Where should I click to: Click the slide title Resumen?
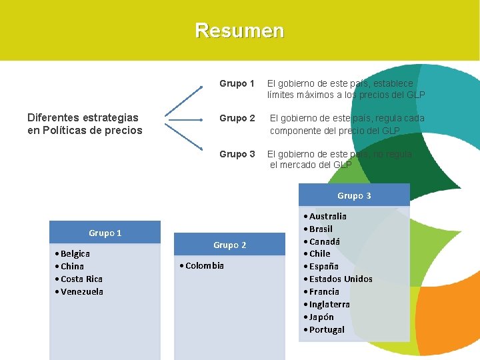tap(239, 31)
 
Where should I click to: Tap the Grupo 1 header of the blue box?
tap(105, 233)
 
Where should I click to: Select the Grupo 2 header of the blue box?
tap(229, 245)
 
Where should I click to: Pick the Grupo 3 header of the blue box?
tap(354, 195)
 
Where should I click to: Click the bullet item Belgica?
tap(75, 254)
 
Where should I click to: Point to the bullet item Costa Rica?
tap(81, 279)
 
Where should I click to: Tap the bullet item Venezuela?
tap(81, 292)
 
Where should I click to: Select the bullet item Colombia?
tap(204, 266)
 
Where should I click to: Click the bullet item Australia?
tap(327, 217)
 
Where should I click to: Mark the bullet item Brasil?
tap(321, 229)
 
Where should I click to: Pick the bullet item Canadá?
tap(324, 241)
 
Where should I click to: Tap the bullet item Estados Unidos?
tap(340, 279)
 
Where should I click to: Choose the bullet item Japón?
tap(321, 317)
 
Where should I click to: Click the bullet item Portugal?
tap(327, 330)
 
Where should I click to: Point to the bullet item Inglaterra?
tap(329, 305)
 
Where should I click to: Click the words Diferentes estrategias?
tap(83, 118)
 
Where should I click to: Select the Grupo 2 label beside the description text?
tap(237, 119)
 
